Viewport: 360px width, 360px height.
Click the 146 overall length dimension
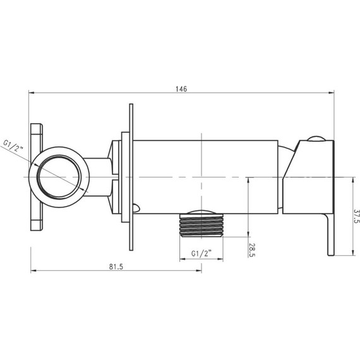181,89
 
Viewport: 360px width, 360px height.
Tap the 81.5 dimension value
116,267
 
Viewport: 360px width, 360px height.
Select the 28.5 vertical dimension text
252,250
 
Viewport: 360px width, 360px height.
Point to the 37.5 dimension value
356,216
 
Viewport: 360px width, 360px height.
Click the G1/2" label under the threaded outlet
201,253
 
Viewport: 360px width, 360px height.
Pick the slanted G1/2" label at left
13,145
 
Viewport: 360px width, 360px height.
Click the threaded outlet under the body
201,225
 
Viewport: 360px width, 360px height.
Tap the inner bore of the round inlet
59,177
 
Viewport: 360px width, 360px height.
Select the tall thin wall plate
131,177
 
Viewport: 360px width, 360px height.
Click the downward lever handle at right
330,234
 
